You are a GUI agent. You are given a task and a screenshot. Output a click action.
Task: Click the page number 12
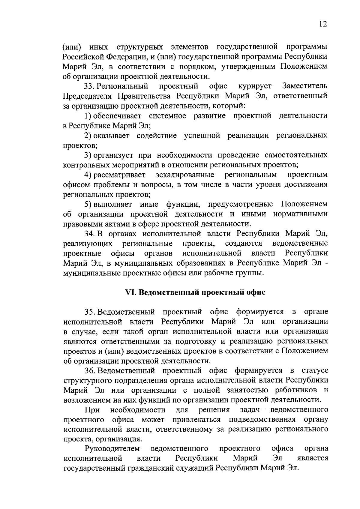[x=322, y=24]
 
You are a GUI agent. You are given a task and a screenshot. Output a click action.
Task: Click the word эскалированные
[x=185, y=175]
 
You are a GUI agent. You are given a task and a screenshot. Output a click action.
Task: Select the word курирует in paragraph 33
[x=255, y=86]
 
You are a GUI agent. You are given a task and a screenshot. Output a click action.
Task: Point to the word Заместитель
[x=305, y=86]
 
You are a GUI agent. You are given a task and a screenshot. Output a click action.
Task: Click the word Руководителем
[x=112, y=449]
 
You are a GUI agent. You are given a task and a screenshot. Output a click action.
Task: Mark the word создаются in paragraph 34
[x=243, y=243]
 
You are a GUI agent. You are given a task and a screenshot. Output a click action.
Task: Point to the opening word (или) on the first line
[x=72, y=47]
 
